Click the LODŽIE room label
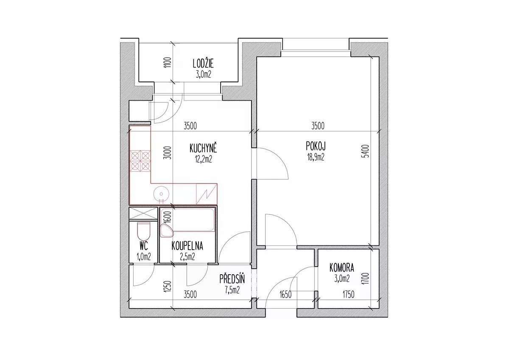[x=203, y=64]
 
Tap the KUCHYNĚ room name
[x=203, y=149]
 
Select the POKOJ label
[x=316, y=146]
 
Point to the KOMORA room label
[x=341, y=268]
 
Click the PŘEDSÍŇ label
[x=232, y=279]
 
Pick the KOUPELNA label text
[x=187, y=246]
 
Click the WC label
[x=144, y=246]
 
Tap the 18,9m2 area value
[x=316, y=157]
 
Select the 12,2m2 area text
[x=203, y=160]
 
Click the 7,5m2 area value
[x=232, y=290]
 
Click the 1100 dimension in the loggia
[x=168, y=62]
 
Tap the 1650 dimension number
[x=285, y=295]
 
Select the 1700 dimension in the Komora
[x=366, y=279]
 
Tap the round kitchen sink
[x=161, y=194]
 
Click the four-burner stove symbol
[x=140, y=161]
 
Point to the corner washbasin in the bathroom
[x=167, y=231]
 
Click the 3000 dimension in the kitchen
[x=168, y=152]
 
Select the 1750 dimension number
[x=348, y=295]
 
